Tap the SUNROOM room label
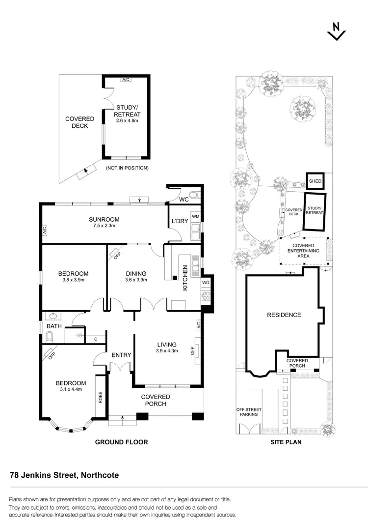104,220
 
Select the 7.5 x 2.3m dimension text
104,226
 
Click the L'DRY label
179,221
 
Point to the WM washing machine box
195,217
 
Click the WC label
184,200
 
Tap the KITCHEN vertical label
185,278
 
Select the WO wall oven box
205,283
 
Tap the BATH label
54,326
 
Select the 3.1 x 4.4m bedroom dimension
71,389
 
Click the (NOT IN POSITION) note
127,168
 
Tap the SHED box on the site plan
315,181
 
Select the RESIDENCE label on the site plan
284,315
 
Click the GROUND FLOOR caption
121,442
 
